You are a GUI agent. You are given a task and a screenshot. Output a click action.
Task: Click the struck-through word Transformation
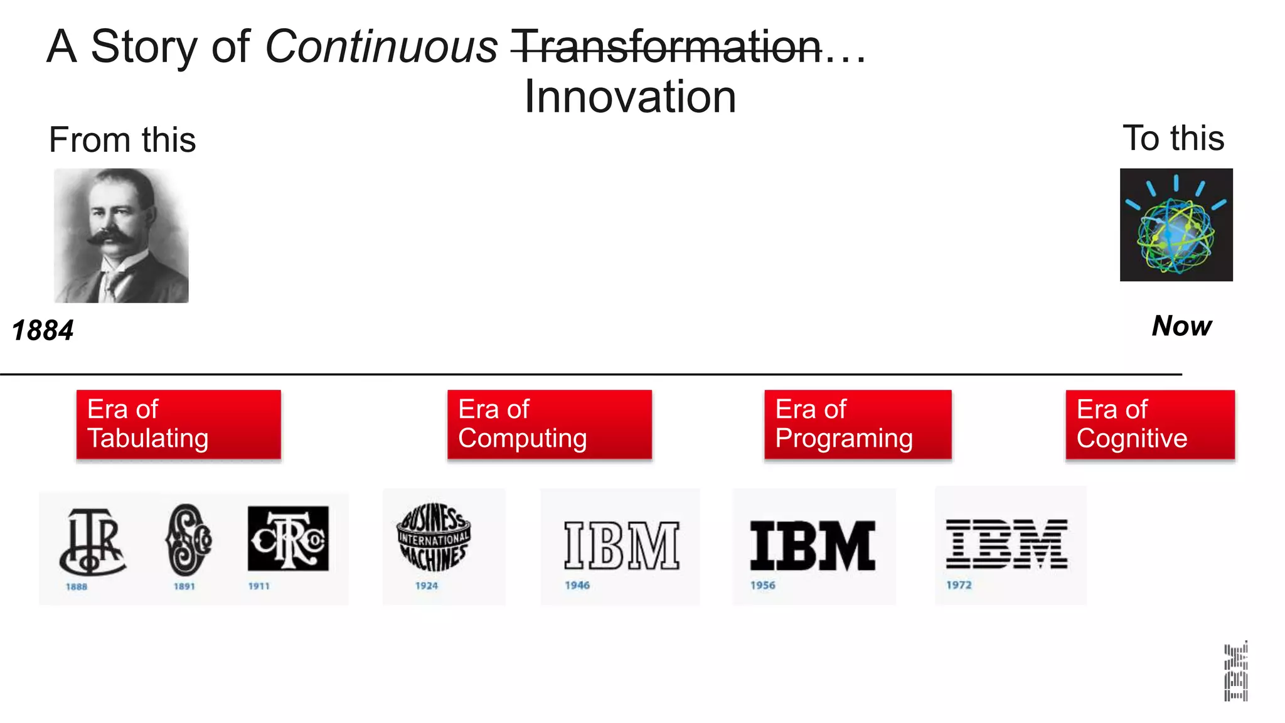coord(666,46)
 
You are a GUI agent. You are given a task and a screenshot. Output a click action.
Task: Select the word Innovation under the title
coord(630,97)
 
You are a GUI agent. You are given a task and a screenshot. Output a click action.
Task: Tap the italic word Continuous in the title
coord(381,46)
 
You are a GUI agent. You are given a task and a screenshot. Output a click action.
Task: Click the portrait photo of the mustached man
coord(121,235)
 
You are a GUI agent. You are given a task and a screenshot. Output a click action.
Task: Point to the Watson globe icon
coord(1176,225)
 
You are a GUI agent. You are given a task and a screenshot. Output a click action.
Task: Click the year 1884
coord(43,330)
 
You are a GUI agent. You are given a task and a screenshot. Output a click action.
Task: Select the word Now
coord(1181,326)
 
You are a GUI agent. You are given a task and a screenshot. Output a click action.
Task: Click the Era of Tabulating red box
coord(178,424)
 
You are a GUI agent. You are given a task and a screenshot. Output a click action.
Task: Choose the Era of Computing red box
coord(549,424)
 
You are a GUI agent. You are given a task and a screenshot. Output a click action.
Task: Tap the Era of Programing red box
coord(857,424)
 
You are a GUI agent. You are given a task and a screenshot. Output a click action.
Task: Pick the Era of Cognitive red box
coord(1149,424)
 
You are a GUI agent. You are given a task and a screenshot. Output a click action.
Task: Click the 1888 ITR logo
coord(92,541)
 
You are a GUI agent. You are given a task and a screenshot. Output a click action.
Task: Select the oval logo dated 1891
coord(188,540)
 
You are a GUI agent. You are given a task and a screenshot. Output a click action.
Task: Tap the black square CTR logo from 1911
coord(288,538)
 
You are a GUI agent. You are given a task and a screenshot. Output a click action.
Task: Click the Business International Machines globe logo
coord(433,537)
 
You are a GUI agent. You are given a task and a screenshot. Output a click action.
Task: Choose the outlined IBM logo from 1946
coord(621,545)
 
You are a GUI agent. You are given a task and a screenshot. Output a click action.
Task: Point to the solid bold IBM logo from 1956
coord(812,545)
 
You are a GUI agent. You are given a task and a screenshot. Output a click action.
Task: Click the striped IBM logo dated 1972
coord(1006,544)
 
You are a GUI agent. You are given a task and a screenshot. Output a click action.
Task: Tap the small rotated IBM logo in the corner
coord(1235,671)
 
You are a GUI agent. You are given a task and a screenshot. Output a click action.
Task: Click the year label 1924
coord(427,586)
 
